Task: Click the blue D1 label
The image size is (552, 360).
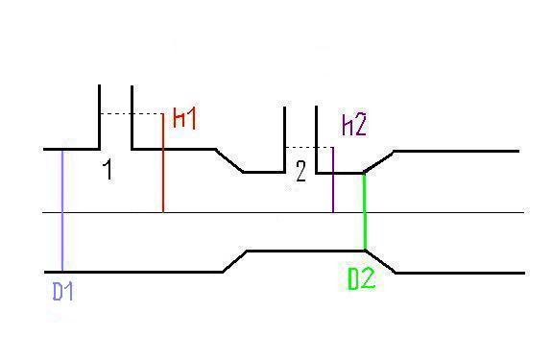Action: pyautogui.click(x=63, y=292)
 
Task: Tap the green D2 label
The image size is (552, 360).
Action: pyautogui.click(x=361, y=278)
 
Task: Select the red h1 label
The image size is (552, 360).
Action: pyautogui.click(x=184, y=118)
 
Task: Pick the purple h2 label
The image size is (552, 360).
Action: pyautogui.click(x=354, y=125)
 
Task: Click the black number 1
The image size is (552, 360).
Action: pyautogui.click(x=108, y=170)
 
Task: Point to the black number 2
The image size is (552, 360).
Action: pyautogui.click(x=300, y=171)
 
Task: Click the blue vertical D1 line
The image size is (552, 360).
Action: pyautogui.click(x=62, y=210)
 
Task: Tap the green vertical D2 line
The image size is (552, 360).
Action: pyautogui.click(x=365, y=211)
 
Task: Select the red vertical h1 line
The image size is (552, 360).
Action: pyautogui.click(x=163, y=163)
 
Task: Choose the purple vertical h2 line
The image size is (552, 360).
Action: pyautogui.click(x=333, y=180)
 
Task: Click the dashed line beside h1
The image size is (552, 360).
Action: pyautogui.click(x=132, y=113)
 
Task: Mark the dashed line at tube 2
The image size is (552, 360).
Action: pyautogui.click(x=309, y=147)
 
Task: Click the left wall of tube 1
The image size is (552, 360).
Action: pyautogui.click(x=99, y=117)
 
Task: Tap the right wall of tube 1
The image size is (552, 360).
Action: pyautogui.click(x=132, y=117)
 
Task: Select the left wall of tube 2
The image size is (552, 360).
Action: pyautogui.click(x=284, y=139)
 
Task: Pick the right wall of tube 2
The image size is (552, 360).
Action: pyautogui.click(x=317, y=139)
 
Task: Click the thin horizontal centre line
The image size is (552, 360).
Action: pyautogui.click(x=283, y=212)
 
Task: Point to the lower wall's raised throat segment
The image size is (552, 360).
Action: pyautogui.click(x=305, y=251)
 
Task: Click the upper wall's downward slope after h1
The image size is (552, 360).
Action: pyautogui.click(x=229, y=161)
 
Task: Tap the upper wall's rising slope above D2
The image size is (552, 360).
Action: pyautogui.click(x=379, y=162)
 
